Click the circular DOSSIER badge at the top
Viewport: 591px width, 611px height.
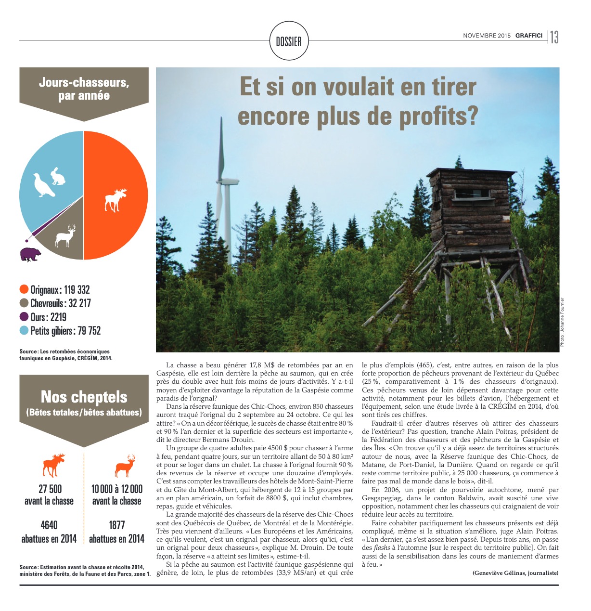point(289,41)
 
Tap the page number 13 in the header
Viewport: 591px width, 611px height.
point(554,37)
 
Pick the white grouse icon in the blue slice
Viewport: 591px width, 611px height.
point(43,185)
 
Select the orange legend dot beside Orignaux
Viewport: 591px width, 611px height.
point(24,289)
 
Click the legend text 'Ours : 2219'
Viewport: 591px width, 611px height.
point(48,317)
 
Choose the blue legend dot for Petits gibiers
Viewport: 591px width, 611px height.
point(24,331)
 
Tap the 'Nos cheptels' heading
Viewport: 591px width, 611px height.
point(84,397)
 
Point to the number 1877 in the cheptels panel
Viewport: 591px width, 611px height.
point(117,525)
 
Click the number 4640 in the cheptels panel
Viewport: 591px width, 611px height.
point(49,525)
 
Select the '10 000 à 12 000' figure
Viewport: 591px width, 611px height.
point(117,489)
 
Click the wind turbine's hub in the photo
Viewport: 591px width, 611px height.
point(226,182)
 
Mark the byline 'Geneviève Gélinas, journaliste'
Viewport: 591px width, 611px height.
point(515,573)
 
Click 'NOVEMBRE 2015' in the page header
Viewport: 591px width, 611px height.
point(487,36)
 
